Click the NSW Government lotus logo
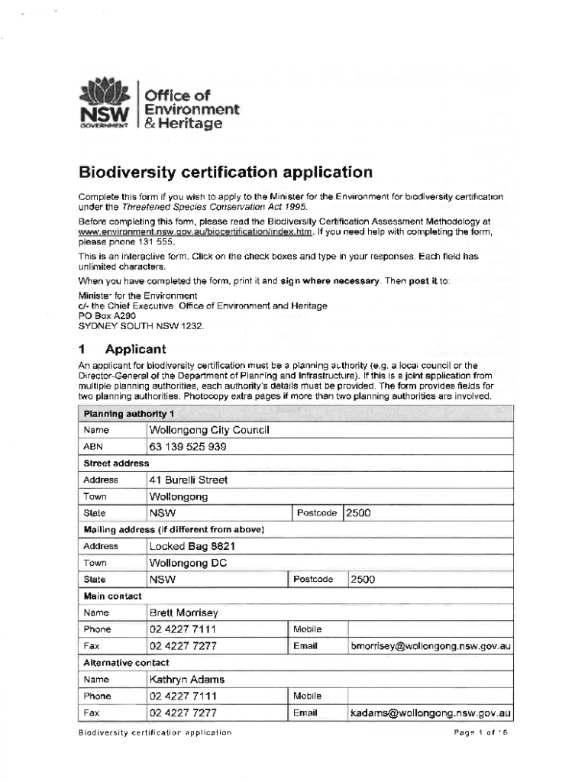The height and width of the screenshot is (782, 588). (107, 95)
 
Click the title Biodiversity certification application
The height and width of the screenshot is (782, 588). (225, 173)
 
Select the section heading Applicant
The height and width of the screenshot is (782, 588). (135, 350)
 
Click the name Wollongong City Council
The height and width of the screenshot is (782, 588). (209, 430)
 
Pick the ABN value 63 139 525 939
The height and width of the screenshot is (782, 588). (188, 447)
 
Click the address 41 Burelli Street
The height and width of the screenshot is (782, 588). (189, 480)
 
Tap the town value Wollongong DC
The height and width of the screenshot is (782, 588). (189, 564)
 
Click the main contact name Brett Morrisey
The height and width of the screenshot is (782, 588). (184, 613)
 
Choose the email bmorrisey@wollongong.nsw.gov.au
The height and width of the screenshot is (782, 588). (431, 647)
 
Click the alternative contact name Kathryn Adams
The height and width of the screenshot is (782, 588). (187, 680)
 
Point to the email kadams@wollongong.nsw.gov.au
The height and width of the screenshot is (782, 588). (431, 713)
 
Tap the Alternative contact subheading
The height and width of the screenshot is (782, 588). (126, 663)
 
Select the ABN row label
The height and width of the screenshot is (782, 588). (93, 447)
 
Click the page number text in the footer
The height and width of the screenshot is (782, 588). (480, 732)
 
